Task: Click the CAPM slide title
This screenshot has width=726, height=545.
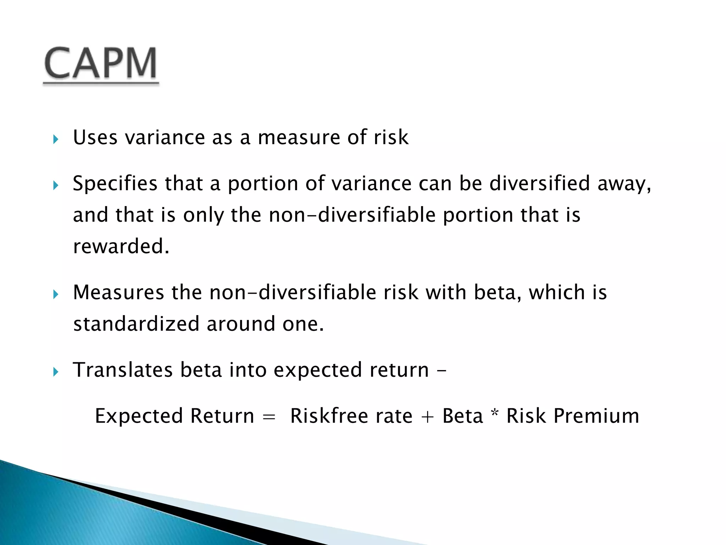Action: pyautogui.click(x=101, y=64)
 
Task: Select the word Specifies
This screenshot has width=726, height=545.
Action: pyautogui.click(x=115, y=184)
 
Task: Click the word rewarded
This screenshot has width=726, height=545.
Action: pyautogui.click(x=121, y=246)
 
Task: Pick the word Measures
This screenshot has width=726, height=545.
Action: pyautogui.click(x=118, y=292)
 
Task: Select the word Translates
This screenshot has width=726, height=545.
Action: pyautogui.click(x=123, y=370)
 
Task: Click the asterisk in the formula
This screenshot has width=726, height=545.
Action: pyautogui.click(x=495, y=413)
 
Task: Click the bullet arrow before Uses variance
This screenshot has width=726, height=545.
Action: pyautogui.click(x=55, y=139)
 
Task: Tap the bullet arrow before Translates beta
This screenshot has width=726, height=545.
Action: pyautogui.click(x=55, y=372)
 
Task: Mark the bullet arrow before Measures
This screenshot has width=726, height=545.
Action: pyautogui.click(x=55, y=294)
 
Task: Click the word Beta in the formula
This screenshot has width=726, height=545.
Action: pyautogui.click(x=463, y=416)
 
